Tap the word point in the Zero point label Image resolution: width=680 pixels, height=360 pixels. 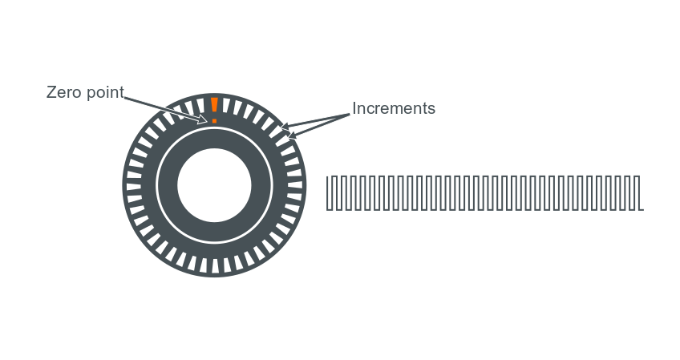(x=103, y=93)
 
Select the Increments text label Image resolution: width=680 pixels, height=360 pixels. (x=393, y=108)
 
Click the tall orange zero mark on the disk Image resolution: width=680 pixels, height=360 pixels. (x=214, y=106)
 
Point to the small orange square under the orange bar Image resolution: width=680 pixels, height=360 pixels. (x=215, y=120)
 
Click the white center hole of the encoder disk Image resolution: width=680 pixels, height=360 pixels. (x=214, y=185)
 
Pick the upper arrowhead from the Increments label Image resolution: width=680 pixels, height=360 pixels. (x=284, y=127)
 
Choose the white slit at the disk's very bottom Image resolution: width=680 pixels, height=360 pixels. (x=214, y=265)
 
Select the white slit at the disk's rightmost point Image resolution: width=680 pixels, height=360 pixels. (x=294, y=185)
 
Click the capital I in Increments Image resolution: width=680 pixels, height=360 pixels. (x=354, y=108)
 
